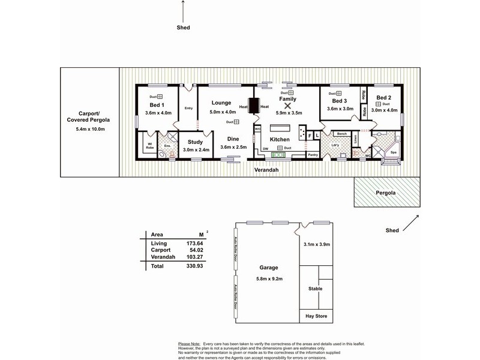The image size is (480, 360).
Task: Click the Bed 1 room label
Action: (149, 105)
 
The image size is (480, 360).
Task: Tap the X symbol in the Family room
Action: (287, 104)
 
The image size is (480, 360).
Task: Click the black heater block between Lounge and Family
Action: (254, 106)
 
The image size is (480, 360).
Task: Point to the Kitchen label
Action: (280, 139)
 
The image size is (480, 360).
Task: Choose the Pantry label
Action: (313, 154)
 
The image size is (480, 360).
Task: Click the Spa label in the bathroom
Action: (394, 152)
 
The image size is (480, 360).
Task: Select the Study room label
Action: (195, 142)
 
